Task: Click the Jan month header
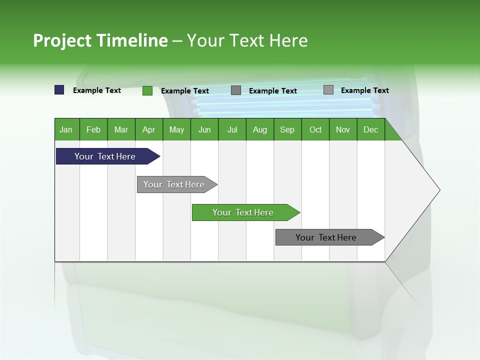[x=66, y=129]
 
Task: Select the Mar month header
[x=121, y=129]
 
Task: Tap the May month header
[x=176, y=129]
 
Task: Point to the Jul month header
[x=232, y=129]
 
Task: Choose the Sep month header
[x=287, y=129]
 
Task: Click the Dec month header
[x=370, y=129]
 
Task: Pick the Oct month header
[x=315, y=129]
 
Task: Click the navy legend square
[x=59, y=90]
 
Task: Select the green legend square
[x=147, y=90]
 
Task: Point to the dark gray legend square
[x=236, y=90]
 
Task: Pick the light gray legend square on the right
[x=328, y=90]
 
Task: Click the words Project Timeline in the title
[x=100, y=40]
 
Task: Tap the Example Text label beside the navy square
[x=97, y=90]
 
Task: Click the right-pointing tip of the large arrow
[x=438, y=190]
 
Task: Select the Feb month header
[x=93, y=129]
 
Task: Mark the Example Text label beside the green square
[x=185, y=91]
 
